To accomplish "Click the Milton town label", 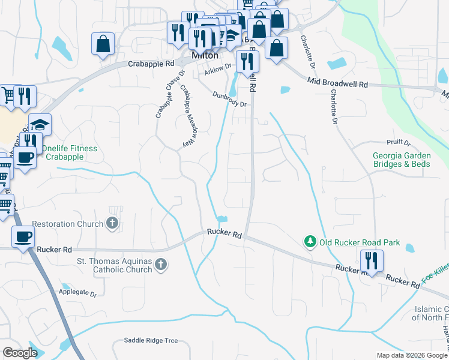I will click(204, 55).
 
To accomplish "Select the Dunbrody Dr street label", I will click(230, 99).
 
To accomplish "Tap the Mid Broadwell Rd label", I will click(337, 83).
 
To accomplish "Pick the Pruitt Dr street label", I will click(399, 143).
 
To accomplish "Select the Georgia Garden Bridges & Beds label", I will click(401, 159).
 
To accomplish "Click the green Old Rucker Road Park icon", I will click(310, 242).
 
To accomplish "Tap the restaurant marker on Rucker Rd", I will click(372, 261).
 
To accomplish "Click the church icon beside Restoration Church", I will click(112, 224).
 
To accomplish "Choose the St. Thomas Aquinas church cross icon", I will click(160, 265).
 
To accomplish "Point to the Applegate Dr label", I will click(78, 293).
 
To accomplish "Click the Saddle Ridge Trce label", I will click(151, 340).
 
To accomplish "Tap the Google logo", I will click(20, 353).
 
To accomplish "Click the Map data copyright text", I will click(412, 355).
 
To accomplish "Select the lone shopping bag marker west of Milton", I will click(103, 44).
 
